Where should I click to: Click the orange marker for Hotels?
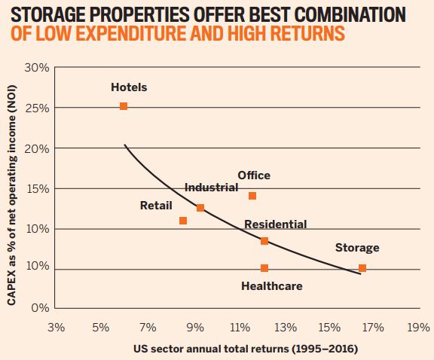tap(124, 106)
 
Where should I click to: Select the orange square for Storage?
tap(362, 268)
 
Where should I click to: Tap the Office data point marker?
tap(252, 196)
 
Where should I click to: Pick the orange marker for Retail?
tap(183, 221)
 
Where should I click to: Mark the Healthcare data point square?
tap(264, 268)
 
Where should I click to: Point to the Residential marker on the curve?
tap(264, 241)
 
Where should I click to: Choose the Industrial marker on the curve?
tap(200, 208)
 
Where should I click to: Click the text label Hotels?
tap(129, 87)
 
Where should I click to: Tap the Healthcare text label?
tap(271, 286)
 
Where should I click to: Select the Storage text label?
tap(357, 248)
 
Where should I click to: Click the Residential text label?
tap(275, 224)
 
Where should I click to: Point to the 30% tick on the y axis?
tap(38, 68)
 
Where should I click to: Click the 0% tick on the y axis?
tap(41, 308)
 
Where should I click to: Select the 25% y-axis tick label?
tap(38, 108)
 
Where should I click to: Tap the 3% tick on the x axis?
tap(56, 328)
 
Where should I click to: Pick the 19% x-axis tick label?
tap(420, 328)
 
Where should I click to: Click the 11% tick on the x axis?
tap(240, 328)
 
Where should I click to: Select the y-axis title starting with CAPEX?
tap(13, 188)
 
